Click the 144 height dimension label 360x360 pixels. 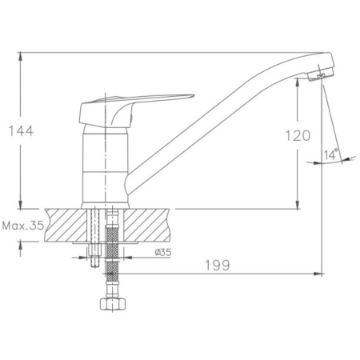pos(22,131)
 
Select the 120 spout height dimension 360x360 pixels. pos(298,135)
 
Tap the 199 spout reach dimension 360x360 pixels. pos(217,266)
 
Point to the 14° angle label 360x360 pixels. pos(331,154)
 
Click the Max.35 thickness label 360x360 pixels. pos(23,226)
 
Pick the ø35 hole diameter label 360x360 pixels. pos(163,252)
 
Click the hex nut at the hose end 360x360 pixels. pos(113,304)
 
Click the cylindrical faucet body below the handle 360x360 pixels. pos(105,166)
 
